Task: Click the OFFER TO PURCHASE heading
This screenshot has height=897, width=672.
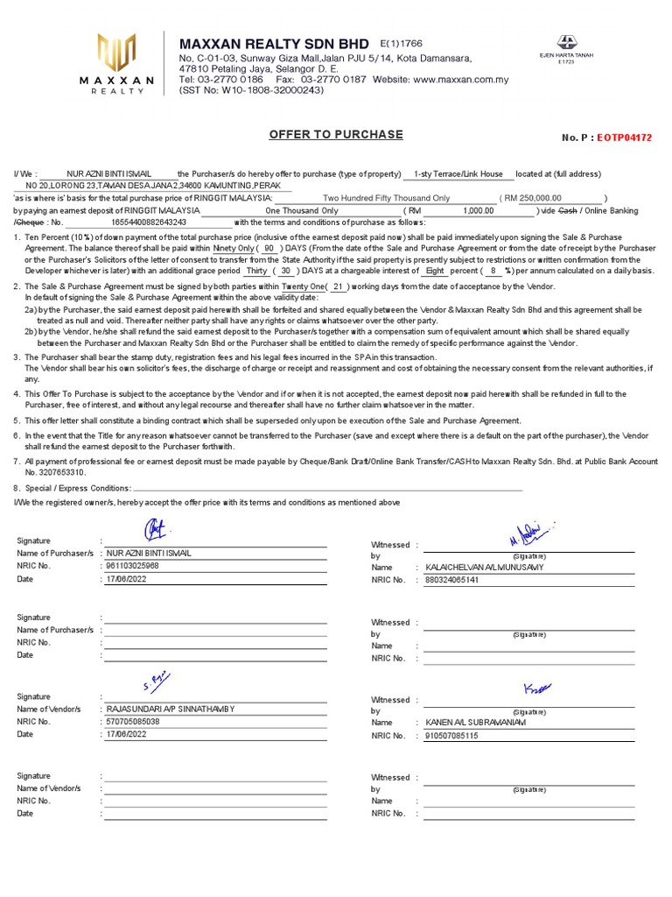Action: pos(336,134)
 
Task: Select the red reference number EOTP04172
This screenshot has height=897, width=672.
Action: pos(625,138)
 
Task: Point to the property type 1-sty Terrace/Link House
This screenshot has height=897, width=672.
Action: pos(458,174)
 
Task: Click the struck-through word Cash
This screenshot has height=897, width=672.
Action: pos(568,211)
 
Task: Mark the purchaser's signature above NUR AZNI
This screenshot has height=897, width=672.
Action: pos(155,529)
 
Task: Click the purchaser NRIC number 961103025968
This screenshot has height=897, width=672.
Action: pos(133,566)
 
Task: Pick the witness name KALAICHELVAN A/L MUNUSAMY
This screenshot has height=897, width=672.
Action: pos(484,568)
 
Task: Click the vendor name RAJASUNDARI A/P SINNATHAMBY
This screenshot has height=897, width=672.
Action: pos(170,709)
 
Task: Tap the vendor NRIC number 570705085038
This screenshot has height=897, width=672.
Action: pos(133,721)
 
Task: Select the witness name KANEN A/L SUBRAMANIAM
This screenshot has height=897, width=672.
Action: pos(476,723)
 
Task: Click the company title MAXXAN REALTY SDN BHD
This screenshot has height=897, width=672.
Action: pos(275,44)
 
